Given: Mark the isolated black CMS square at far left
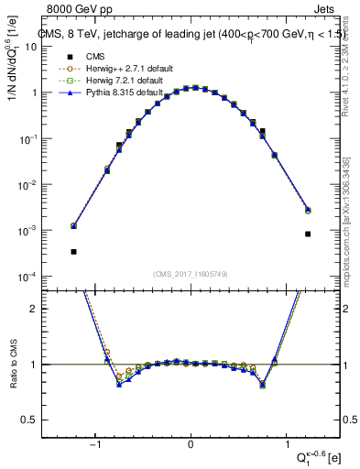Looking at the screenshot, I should pyautogui.click(x=73, y=251).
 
